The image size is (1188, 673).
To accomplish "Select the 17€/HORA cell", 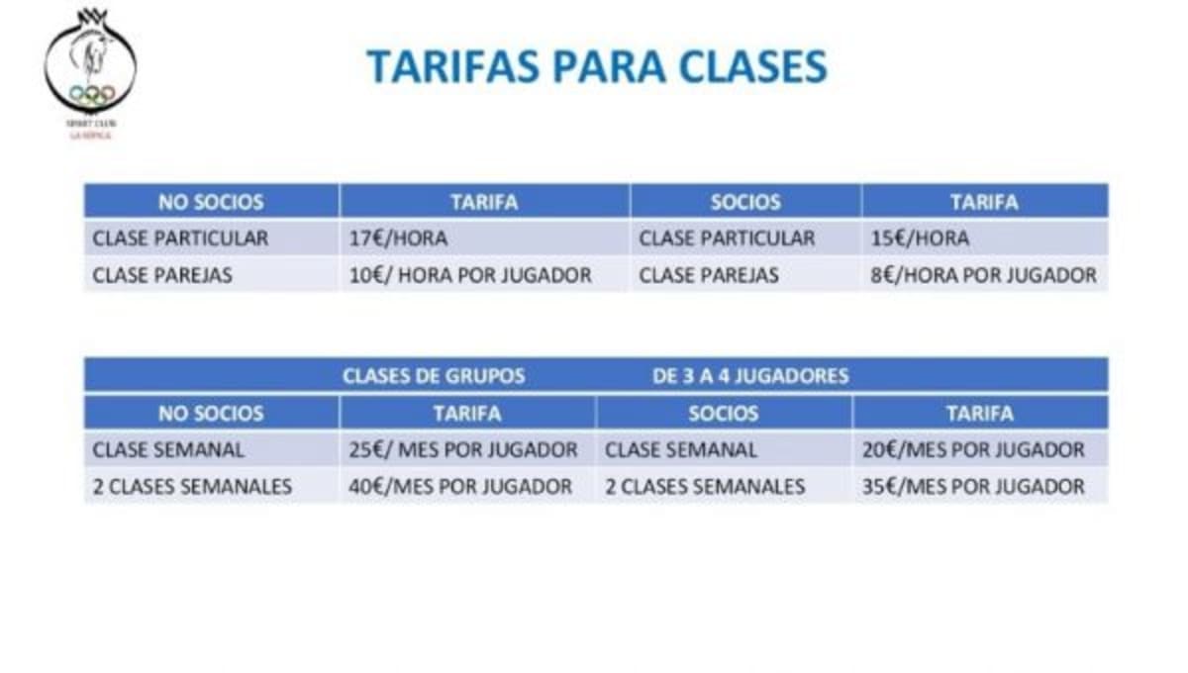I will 398,239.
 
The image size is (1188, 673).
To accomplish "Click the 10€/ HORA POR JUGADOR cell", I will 469,275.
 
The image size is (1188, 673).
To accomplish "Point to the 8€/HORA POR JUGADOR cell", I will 983,275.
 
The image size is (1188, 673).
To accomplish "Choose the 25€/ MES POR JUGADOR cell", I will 462,449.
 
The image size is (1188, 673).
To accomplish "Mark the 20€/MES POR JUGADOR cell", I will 972,449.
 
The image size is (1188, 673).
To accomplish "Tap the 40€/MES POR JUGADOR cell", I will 459,486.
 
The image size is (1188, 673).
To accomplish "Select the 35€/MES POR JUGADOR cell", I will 972,486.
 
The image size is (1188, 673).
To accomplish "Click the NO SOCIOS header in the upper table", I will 211,202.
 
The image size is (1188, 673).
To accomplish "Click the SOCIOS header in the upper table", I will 745,202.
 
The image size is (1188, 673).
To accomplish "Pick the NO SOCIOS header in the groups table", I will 211,413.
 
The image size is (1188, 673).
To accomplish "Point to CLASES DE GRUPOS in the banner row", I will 434,376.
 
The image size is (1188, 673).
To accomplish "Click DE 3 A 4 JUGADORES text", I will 750,376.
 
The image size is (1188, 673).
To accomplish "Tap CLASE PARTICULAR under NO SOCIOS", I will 180,239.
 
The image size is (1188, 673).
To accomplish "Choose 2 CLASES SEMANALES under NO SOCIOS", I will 192,486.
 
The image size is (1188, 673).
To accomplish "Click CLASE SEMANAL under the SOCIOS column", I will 680,449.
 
